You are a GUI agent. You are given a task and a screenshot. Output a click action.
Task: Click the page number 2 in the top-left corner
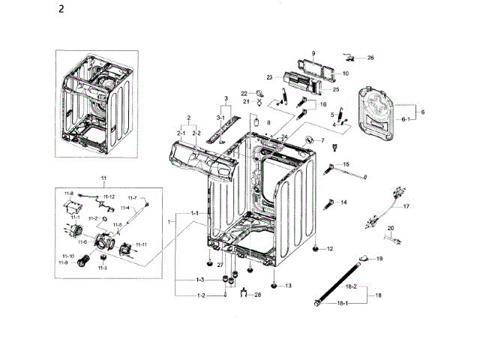61,11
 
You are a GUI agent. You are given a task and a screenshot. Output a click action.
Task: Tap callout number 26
370,58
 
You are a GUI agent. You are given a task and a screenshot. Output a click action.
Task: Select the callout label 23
268,76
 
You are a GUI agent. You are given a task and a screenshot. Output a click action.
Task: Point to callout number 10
345,73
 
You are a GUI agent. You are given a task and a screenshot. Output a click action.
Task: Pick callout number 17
406,205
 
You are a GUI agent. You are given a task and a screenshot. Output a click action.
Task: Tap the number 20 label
390,228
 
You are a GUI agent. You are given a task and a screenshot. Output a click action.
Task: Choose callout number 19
379,259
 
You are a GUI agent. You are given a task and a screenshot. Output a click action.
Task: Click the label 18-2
350,286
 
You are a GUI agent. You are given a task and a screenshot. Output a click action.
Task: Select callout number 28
258,295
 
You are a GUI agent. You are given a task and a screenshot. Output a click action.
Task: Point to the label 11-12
108,196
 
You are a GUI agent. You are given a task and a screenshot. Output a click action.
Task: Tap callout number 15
346,164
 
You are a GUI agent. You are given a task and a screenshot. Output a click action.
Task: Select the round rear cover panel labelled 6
382,116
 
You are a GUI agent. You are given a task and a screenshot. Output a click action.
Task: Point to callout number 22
244,93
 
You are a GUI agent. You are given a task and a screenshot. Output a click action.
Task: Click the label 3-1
221,118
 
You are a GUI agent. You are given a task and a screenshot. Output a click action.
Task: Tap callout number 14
343,202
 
